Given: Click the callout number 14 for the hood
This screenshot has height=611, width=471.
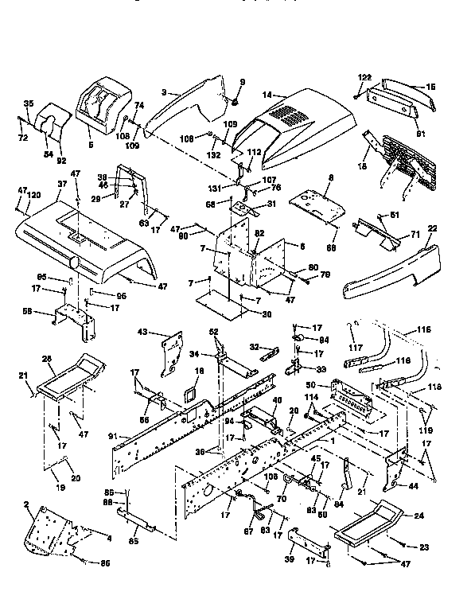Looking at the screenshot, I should (x=267, y=95).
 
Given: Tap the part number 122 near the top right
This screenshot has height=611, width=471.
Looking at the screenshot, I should (x=364, y=76).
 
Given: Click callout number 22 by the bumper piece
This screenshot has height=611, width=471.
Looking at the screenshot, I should (x=434, y=228).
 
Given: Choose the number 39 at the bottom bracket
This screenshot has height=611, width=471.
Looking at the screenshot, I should (x=289, y=560).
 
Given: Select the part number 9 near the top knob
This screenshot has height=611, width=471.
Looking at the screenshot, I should (x=243, y=82).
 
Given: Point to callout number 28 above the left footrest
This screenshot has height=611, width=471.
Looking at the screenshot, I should (x=47, y=360).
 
